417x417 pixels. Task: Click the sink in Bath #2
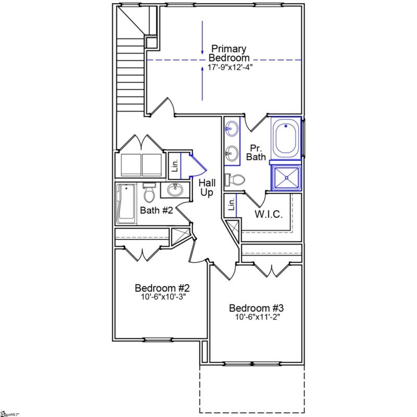point(173,190)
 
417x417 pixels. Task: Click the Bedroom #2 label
point(162,288)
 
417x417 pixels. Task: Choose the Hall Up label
point(206,188)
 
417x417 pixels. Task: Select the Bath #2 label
point(156,210)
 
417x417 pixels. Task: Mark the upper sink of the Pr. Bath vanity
point(231,128)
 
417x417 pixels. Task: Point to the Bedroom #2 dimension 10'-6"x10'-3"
point(162,297)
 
